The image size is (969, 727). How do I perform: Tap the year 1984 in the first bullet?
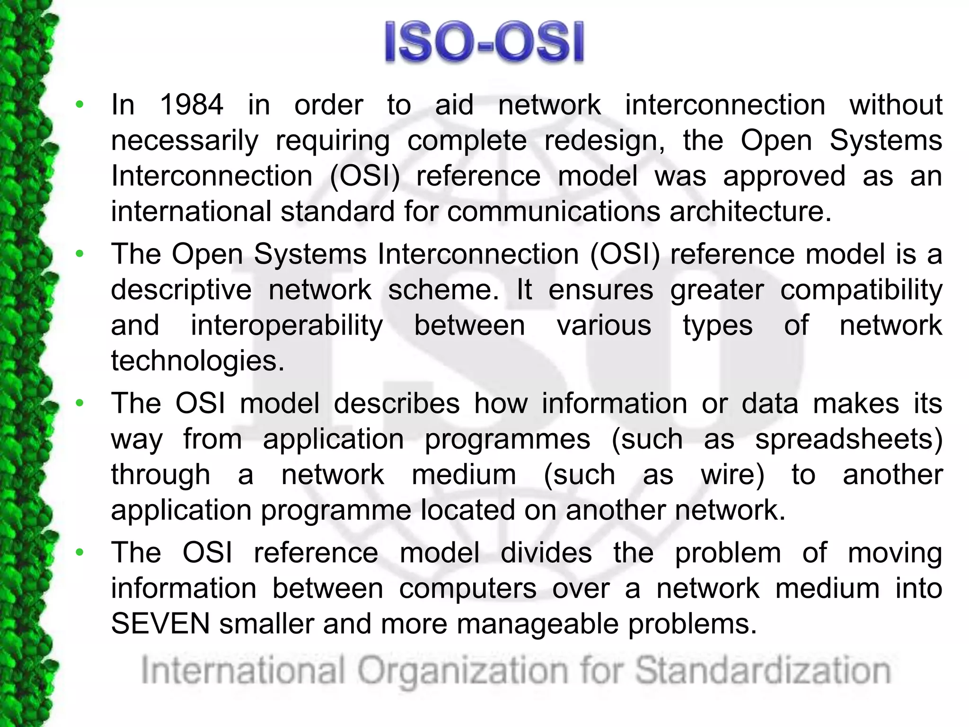(x=192, y=105)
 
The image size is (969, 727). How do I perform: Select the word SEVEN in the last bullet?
(x=160, y=623)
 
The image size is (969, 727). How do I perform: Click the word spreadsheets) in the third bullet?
(x=849, y=439)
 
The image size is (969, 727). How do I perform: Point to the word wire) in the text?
(x=732, y=475)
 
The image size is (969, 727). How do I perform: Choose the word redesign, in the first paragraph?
(x=605, y=141)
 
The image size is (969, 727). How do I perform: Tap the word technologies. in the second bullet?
(x=198, y=361)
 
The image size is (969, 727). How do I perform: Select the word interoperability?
(x=287, y=326)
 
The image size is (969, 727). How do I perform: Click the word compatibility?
(x=861, y=290)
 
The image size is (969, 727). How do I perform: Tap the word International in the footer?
(x=243, y=671)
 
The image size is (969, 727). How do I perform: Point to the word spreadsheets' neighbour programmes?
(x=507, y=439)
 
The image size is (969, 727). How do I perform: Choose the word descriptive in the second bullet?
(x=181, y=290)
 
